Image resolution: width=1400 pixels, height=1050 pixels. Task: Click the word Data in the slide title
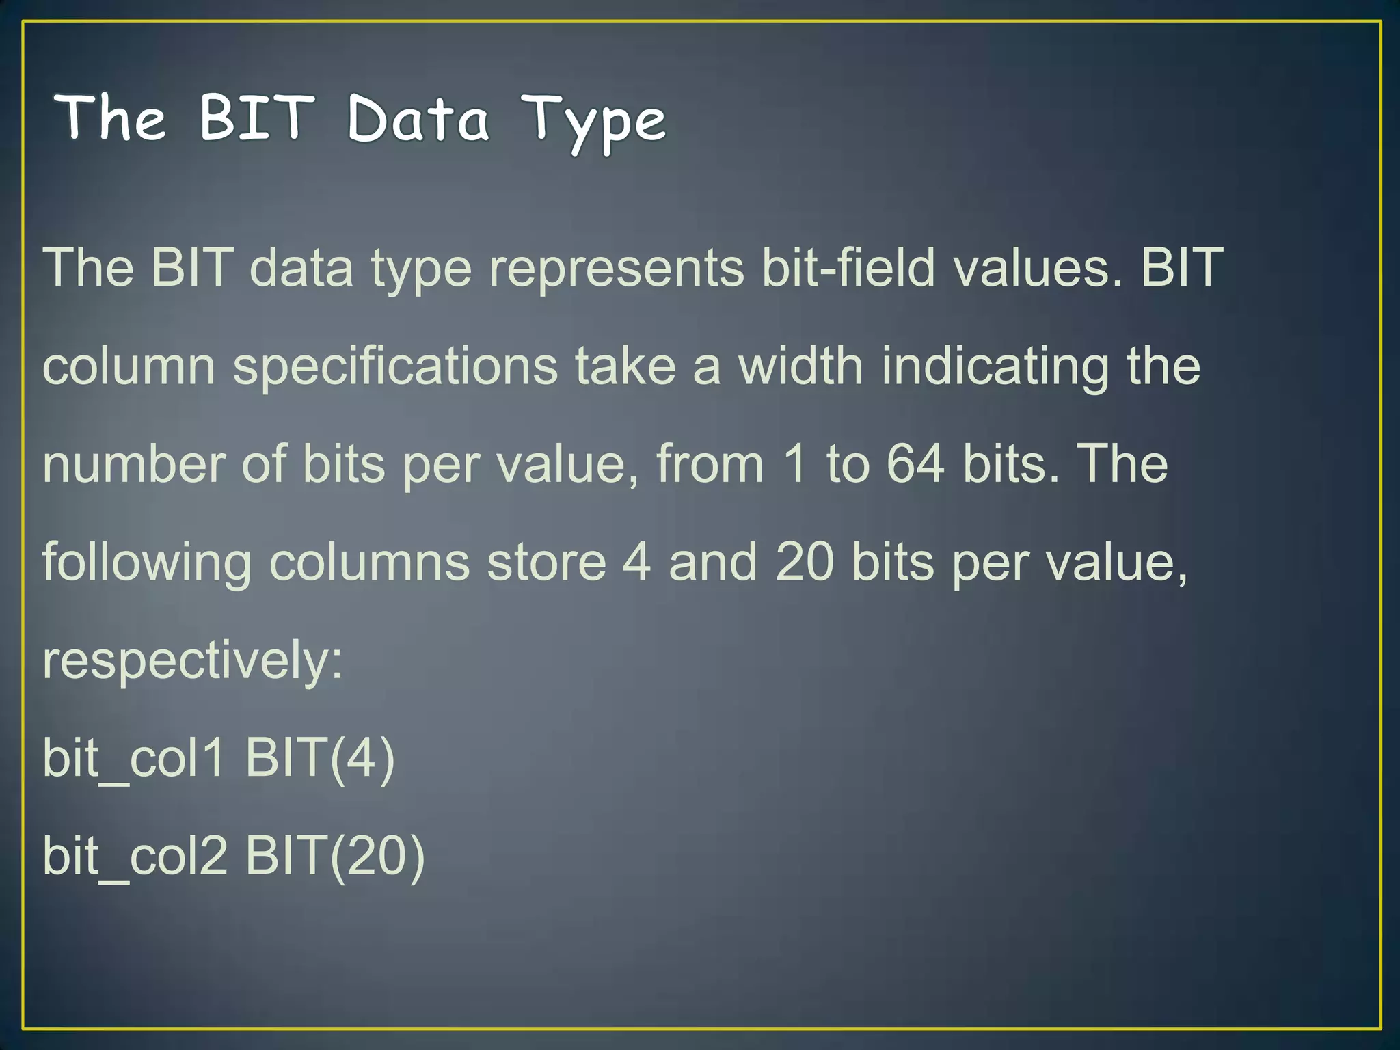[x=418, y=119]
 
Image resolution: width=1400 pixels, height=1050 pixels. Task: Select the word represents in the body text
[x=616, y=268]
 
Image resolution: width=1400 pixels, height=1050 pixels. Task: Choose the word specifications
[x=395, y=366]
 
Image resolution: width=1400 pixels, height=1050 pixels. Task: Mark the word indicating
[x=995, y=366]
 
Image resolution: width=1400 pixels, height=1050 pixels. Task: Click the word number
[x=133, y=465]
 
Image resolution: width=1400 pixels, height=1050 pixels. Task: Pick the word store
[x=546, y=562]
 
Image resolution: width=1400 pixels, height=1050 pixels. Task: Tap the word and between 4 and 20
[x=713, y=562]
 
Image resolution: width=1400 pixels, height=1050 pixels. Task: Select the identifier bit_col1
[x=134, y=759]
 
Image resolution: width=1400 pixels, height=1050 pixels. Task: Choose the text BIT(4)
[x=320, y=759]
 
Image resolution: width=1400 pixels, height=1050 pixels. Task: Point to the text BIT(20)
[x=335, y=857]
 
